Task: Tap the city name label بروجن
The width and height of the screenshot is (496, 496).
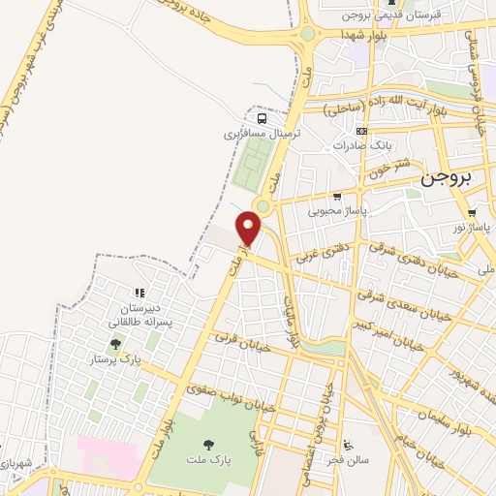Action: (x=448, y=179)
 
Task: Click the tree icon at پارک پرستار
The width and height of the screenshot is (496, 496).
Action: (x=115, y=344)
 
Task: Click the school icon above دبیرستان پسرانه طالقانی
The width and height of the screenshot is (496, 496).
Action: (x=139, y=293)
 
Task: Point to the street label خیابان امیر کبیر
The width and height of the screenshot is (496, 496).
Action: (x=388, y=335)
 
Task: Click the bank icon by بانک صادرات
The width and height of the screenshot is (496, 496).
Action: (x=361, y=131)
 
